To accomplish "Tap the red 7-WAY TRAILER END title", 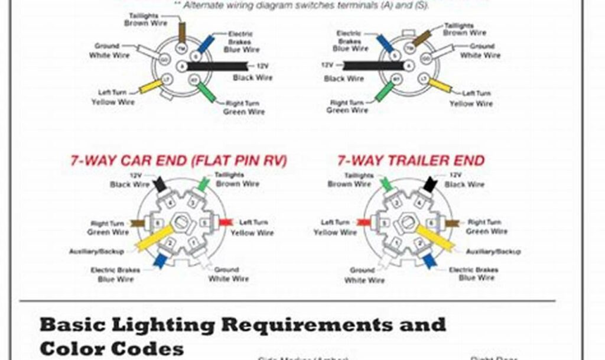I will (x=411, y=161).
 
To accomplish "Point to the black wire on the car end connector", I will (x=159, y=185).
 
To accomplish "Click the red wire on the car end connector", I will (x=225, y=223).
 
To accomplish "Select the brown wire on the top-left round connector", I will (x=182, y=33).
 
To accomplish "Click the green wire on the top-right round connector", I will (x=386, y=92).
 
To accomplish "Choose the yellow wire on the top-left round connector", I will (x=150, y=88).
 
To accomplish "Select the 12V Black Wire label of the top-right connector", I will (x=343, y=71).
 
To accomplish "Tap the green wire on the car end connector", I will (x=203, y=184).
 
